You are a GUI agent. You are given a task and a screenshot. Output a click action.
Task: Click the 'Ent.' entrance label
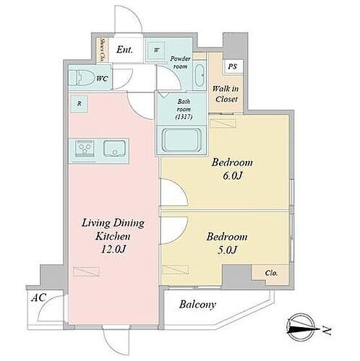coord(124,51)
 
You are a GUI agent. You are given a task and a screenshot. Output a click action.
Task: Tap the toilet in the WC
coord(78,78)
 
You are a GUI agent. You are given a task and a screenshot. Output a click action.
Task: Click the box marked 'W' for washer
coord(157,50)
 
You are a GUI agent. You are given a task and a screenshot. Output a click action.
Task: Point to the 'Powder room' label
coord(180,61)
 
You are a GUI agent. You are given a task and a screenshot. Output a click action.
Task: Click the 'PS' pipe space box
coord(231,66)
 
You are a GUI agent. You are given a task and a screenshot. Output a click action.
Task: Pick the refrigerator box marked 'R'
coord(79,104)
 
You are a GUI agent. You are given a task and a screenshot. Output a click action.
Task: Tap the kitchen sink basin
coord(113,149)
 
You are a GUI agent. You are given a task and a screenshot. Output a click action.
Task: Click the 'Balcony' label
coord(199,305)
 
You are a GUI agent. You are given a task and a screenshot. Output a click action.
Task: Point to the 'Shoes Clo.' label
coord(103,50)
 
